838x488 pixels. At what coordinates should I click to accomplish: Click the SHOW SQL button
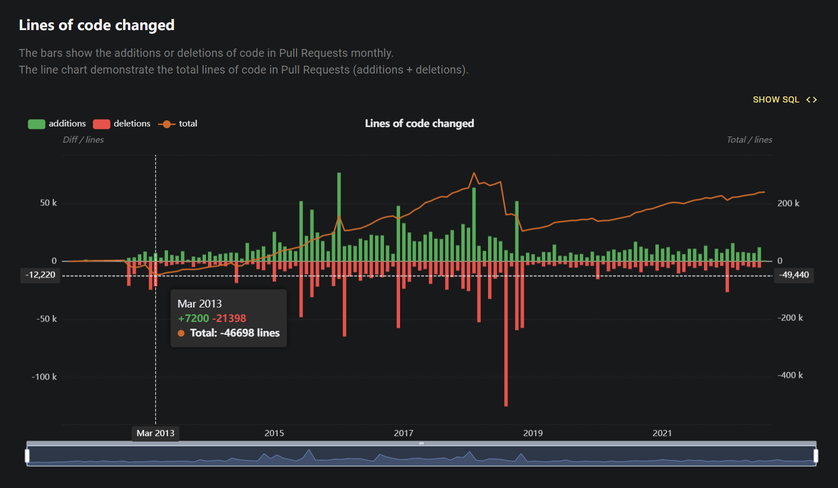click(784, 100)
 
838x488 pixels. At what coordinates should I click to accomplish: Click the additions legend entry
click(57, 124)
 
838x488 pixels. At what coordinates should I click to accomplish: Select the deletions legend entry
click(122, 124)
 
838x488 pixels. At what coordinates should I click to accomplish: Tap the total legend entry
click(178, 124)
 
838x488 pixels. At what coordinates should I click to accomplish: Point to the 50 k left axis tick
click(48, 203)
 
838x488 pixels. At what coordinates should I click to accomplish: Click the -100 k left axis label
click(45, 377)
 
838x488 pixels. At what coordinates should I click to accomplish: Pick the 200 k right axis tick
click(788, 203)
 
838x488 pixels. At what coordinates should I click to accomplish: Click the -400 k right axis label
click(790, 375)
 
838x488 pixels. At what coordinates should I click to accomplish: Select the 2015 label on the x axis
click(274, 433)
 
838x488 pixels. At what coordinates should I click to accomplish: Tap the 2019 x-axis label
click(533, 433)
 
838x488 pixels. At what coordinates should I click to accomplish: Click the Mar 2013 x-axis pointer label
click(156, 433)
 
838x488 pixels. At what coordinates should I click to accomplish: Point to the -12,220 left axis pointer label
click(41, 275)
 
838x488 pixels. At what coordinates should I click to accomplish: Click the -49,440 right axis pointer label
click(794, 275)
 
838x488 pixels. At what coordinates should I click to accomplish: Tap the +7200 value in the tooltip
click(193, 318)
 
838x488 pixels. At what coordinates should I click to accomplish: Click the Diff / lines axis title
click(83, 139)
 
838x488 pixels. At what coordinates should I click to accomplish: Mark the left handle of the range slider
click(27, 456)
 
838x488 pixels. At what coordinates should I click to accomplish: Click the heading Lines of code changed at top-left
click(97, 25)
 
